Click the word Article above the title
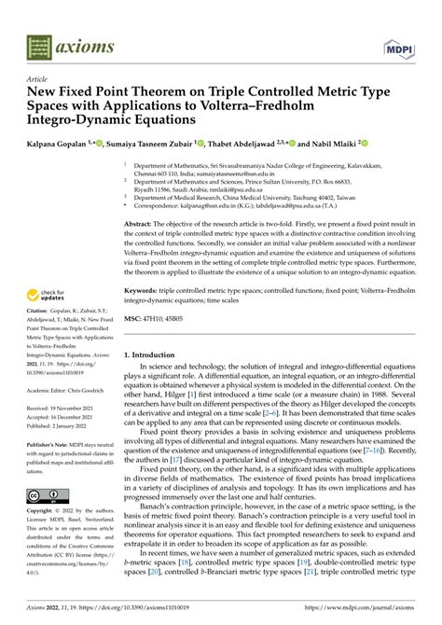(38, 81)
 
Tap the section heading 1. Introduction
(154, 354)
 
